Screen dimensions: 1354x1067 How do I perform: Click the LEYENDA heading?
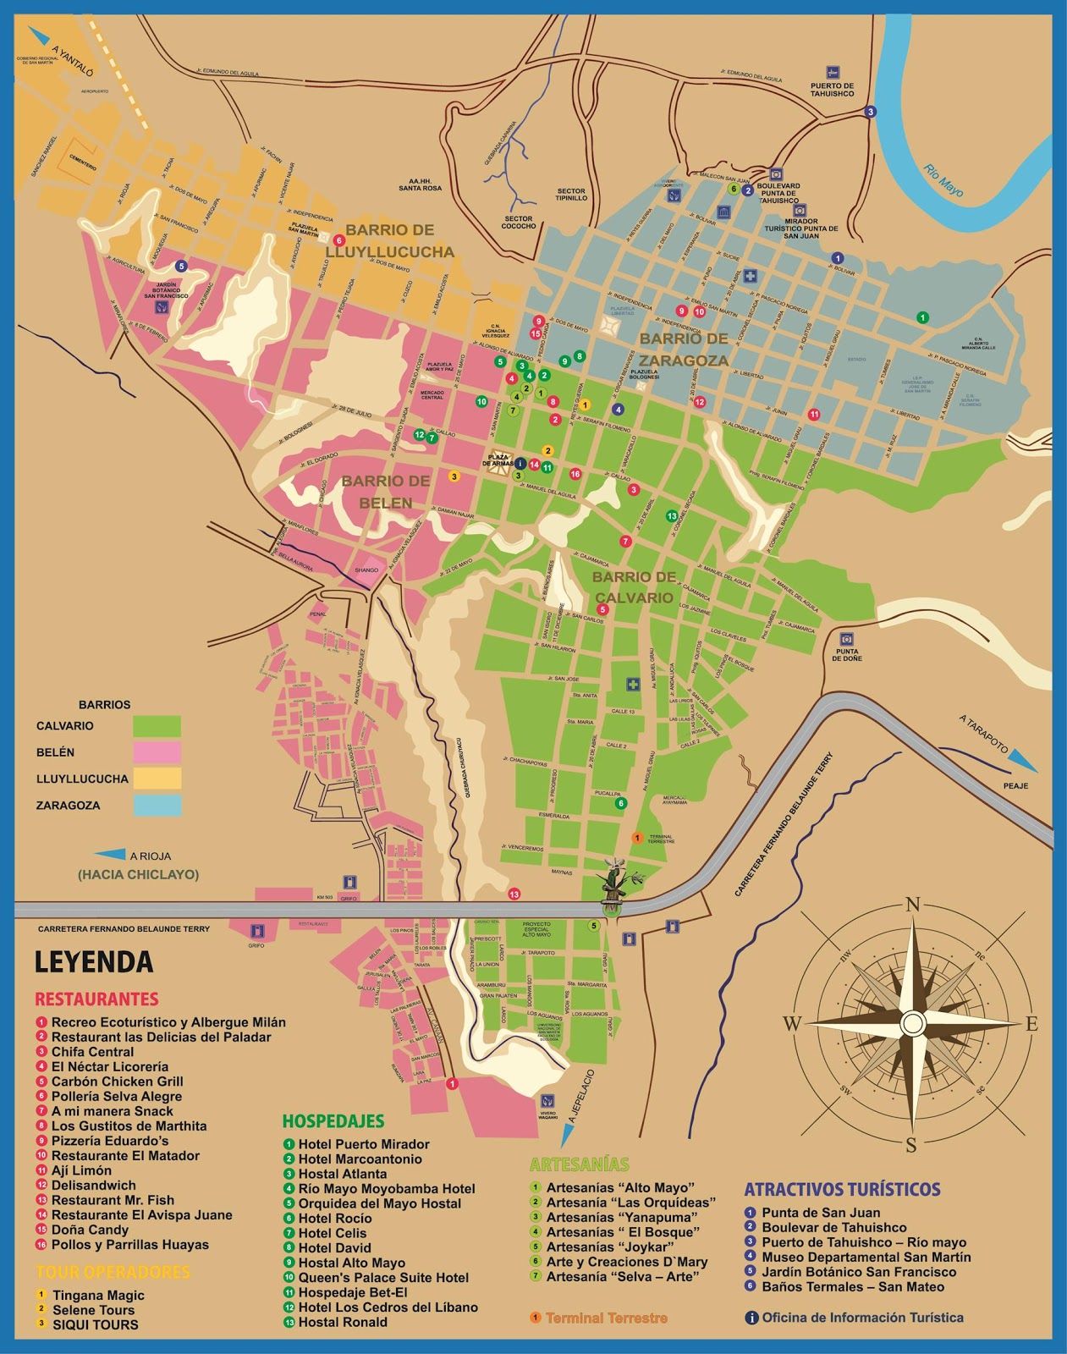coord(93,962)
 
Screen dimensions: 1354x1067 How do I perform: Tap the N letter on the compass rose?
coord(912,905)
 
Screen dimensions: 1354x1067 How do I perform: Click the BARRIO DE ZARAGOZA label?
coord(683,349)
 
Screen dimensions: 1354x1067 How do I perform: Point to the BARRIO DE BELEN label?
coord(385,492)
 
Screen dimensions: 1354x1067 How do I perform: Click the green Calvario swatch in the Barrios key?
coord(157,726)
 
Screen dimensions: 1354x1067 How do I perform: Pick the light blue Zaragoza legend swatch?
coord(157,805)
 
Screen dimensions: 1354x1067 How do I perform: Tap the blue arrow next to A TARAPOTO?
coord(1024,758)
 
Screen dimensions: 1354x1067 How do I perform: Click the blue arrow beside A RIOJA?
coord(109,855)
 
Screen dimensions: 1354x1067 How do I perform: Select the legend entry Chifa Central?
coord(92,1052)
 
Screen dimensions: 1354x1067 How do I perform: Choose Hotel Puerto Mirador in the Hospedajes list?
coord(363,1144)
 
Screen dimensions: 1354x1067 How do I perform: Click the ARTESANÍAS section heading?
coord(579,1164)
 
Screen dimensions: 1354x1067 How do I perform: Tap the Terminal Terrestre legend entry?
coord(606,1318)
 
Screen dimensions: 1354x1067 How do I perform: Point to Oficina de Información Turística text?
coord(861,1318)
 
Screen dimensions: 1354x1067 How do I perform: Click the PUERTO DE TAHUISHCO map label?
coord(832,90)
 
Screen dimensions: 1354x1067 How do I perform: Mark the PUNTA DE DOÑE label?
coord(846,654)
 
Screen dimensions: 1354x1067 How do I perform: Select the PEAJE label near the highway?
coord(1015,786)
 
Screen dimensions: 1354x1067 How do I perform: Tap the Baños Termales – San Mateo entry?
coord(852,1287)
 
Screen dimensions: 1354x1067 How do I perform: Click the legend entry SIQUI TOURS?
coord(95,1325)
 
